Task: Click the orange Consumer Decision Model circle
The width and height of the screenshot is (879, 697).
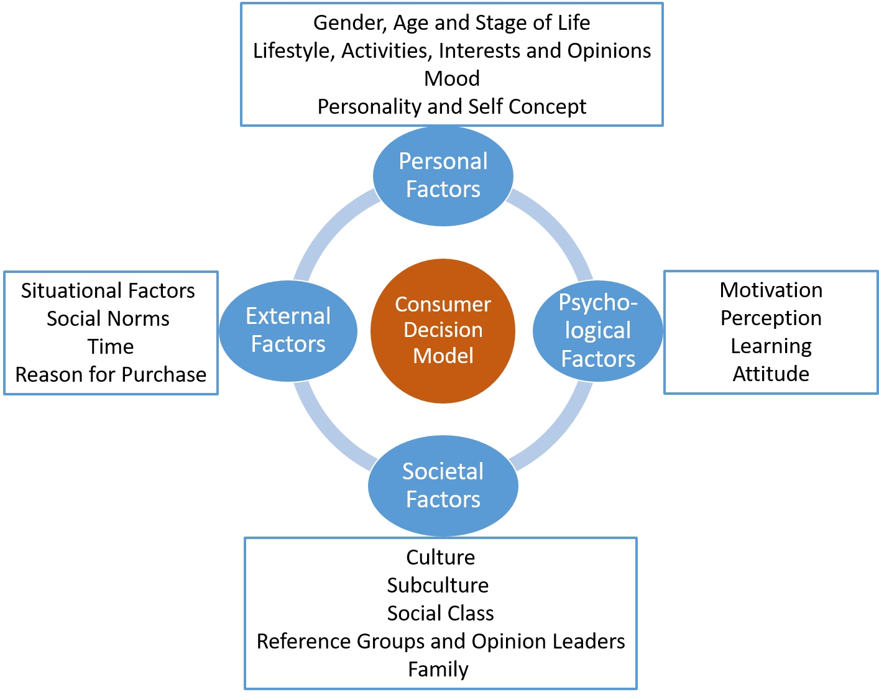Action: point(443,330)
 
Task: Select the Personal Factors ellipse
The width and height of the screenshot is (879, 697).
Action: point(443,175)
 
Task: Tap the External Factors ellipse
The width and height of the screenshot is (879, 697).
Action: point(288,330)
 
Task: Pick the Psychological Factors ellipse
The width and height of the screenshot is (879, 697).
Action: point(597,330)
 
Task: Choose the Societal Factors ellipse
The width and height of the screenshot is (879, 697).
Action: point(443,485)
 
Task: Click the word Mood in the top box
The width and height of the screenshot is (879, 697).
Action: point(452,79)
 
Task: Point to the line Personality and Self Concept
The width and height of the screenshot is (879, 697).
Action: point(452,107)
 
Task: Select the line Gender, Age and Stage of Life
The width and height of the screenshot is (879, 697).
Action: point(452,23)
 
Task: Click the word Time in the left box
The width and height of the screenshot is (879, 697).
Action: point(111,346)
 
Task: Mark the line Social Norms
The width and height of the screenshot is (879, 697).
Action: point(108,318)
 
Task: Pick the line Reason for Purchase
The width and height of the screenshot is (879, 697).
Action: point(111,374)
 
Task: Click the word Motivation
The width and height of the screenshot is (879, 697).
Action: point(771,290)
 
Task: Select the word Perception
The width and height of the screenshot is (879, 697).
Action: point(771,318)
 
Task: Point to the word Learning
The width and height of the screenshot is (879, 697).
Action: point(771,346)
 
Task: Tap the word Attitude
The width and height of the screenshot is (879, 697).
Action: point(771,374)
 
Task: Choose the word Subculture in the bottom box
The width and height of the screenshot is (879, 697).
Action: point(438,585)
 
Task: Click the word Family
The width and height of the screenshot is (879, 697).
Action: point(438,669)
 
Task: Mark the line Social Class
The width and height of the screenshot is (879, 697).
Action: point(440,613)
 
